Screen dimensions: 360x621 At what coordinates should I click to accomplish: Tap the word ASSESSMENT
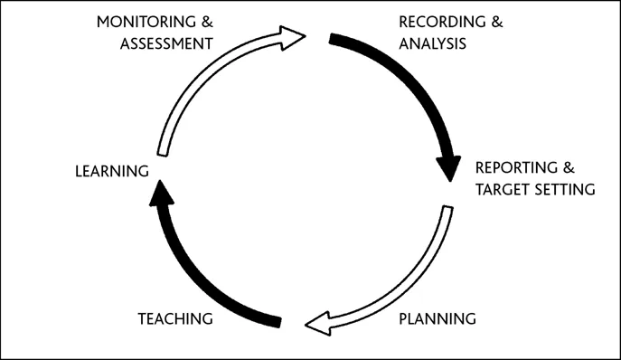click(x=167, y=43)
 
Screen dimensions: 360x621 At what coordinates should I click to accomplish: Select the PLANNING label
click(x=438, y=318)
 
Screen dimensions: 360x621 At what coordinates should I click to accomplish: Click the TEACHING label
click(x=175, y=318)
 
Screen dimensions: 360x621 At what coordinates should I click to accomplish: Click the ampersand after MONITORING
click(x=207, y=20)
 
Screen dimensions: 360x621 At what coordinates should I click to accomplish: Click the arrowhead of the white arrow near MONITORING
click(x=293, y=37)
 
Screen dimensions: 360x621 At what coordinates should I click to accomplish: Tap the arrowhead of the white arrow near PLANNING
click(x=317, y=322)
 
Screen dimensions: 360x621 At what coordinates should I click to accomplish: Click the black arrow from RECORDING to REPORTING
click(x=417, y=81)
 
